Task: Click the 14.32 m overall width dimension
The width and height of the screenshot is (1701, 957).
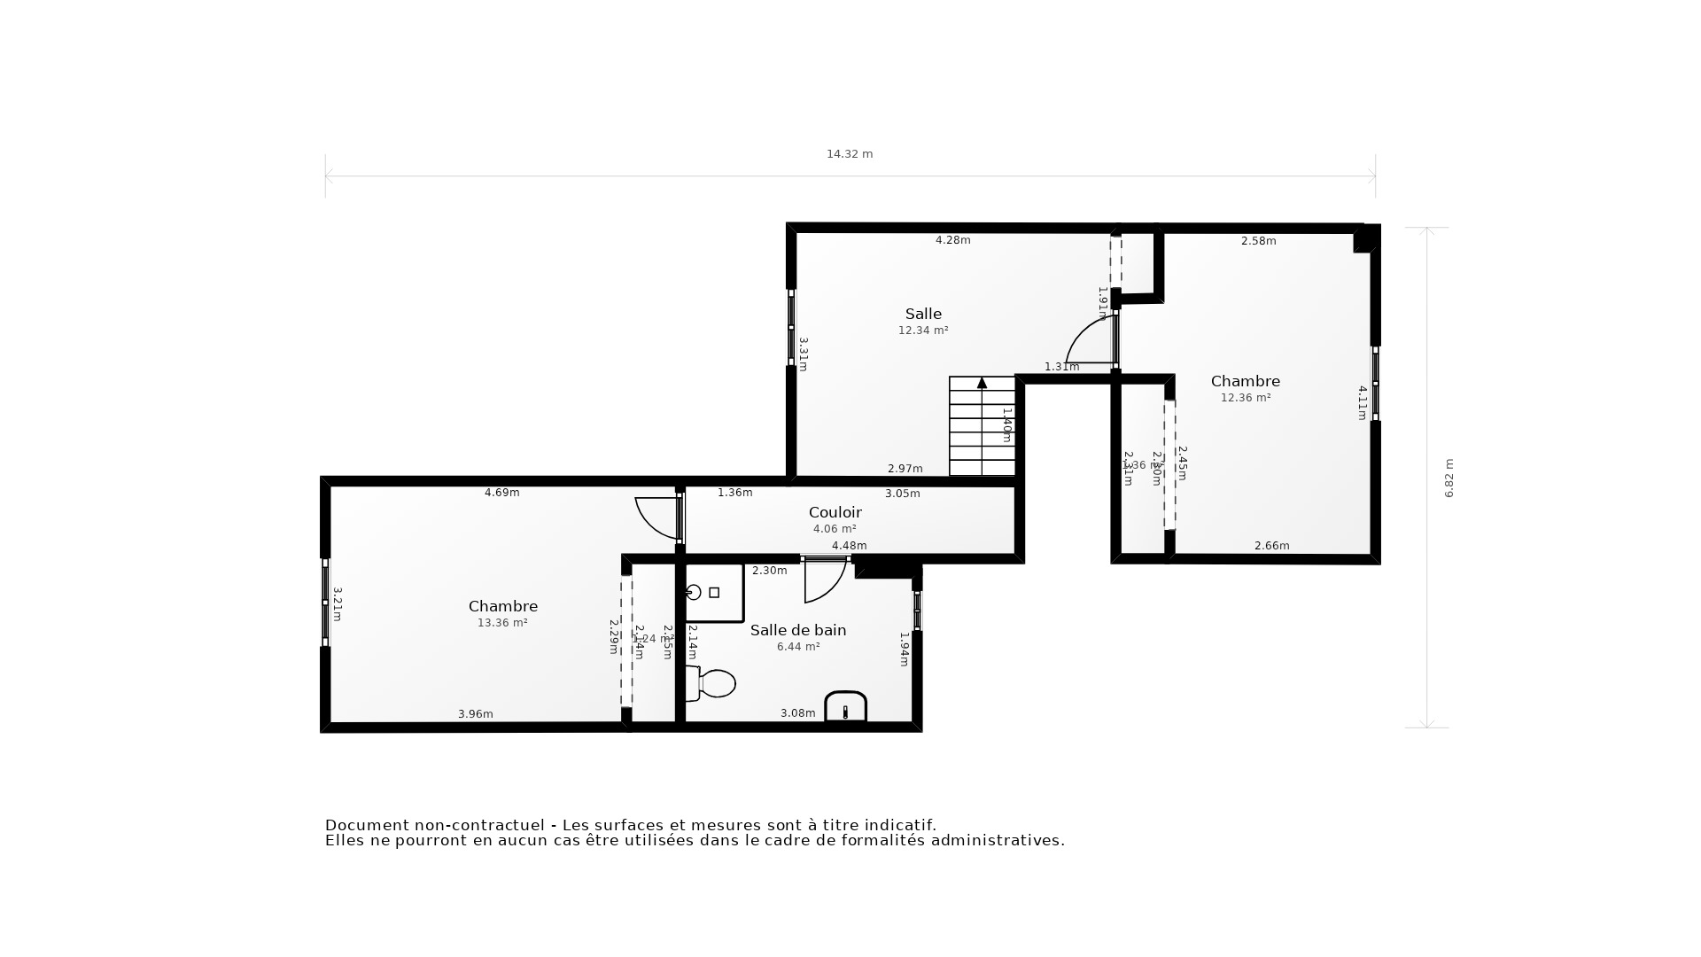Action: pos(849,154)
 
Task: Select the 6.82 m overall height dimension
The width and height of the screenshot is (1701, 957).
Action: pos(1449,478)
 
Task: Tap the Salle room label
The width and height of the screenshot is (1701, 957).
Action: pos(923,314)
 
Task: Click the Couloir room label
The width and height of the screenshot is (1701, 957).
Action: pos(835,512)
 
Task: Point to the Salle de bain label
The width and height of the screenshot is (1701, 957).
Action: pos(797,630)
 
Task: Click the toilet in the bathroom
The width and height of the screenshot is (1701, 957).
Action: pos(712,683)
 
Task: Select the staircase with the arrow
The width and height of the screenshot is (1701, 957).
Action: pos(982,427)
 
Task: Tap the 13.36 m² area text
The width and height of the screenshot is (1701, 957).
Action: pos(502,623)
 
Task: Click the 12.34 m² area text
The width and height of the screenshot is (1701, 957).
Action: pos(923,331)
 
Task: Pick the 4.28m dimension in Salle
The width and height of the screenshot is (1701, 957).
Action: pos(952,240)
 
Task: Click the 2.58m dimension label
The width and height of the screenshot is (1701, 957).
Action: pos(1258,241)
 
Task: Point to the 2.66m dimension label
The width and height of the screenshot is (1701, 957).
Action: pos(1271,546)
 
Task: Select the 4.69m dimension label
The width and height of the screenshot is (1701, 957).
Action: pos(501,493)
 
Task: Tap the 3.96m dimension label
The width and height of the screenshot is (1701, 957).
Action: pos(475,714)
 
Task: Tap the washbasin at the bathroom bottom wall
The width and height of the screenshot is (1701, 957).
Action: pos(845,707)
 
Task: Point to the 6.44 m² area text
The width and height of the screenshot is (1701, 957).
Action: pos(797,647)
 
